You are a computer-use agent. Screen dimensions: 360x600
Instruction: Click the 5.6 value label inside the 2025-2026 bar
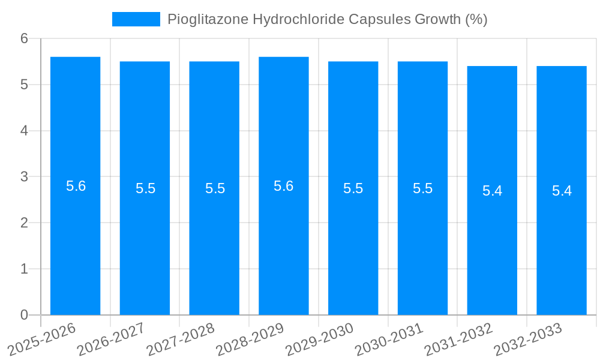click(76, 186)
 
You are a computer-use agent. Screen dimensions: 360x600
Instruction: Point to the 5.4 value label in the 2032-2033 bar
click(562, 191)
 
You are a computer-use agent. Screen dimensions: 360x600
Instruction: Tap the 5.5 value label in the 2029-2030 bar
click(353, 188)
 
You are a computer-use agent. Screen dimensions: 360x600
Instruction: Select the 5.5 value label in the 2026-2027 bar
click(145, 188)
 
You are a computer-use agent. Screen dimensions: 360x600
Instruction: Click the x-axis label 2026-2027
click(111, 339)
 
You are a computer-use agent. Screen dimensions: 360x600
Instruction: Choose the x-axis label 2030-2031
click(389, 339)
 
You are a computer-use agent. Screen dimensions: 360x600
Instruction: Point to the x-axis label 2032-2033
click(528, 339)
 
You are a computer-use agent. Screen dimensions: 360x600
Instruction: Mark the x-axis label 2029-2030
click(319, 339)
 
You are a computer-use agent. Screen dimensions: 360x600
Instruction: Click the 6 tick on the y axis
click(24, 38)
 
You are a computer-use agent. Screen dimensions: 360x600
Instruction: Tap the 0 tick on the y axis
click(24, 315)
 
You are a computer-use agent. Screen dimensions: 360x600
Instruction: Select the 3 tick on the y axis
click(24, 177)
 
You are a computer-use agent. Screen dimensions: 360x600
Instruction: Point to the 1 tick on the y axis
click(24, 269)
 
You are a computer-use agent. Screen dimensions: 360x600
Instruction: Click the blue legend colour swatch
click(136, 19)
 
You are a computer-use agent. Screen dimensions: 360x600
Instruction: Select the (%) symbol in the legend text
click(476, 19)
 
